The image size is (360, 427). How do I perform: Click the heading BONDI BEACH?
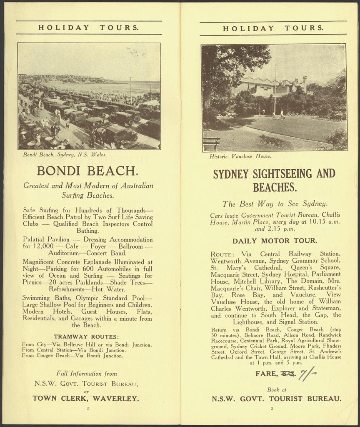[87, 171]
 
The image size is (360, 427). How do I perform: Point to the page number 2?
[87, 409]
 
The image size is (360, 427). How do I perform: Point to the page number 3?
[272, 409]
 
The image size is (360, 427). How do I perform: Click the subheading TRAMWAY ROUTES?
[87, 337]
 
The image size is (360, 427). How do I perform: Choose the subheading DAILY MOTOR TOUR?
[275, 241]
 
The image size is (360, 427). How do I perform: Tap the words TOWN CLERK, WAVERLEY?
[86, 398]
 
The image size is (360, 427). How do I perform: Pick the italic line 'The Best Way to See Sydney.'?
[275, 204]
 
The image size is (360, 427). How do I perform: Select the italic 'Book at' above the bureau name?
[273, 389]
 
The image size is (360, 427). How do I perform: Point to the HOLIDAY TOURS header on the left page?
[88, 28]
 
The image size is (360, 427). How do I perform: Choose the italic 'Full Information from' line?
[87, 374]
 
